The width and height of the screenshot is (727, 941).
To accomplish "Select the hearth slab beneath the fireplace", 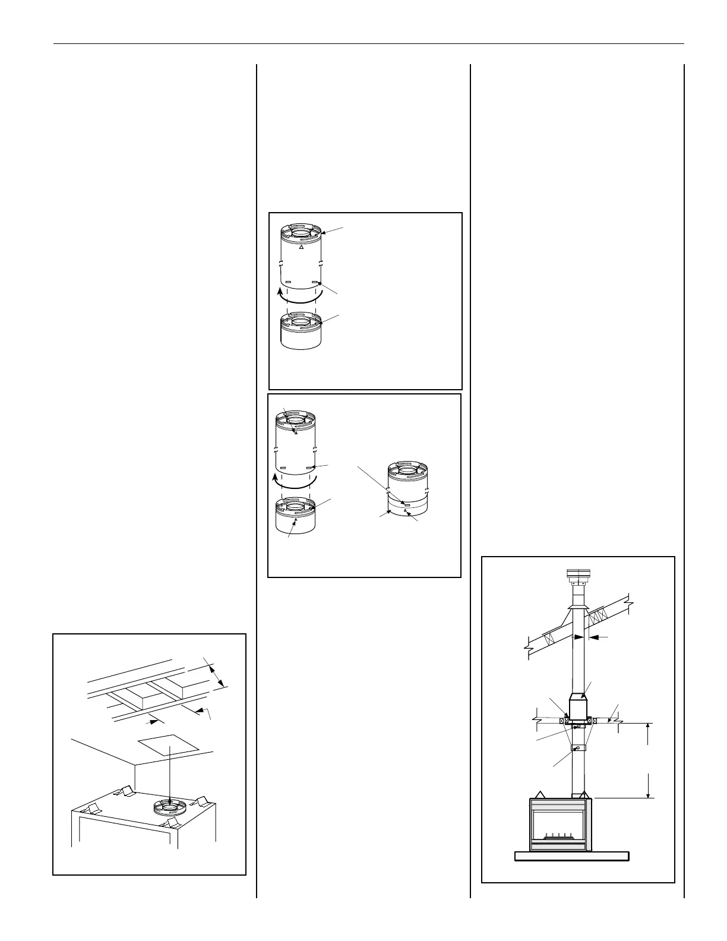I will [571, 856].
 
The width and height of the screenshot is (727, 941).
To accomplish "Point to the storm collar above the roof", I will [578, 607].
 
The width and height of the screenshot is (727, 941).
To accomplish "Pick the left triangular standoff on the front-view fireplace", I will [540, 794].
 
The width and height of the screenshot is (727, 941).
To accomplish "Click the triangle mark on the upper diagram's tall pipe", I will [302, 247].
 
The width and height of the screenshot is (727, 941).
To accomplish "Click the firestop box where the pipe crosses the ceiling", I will [578, 709].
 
